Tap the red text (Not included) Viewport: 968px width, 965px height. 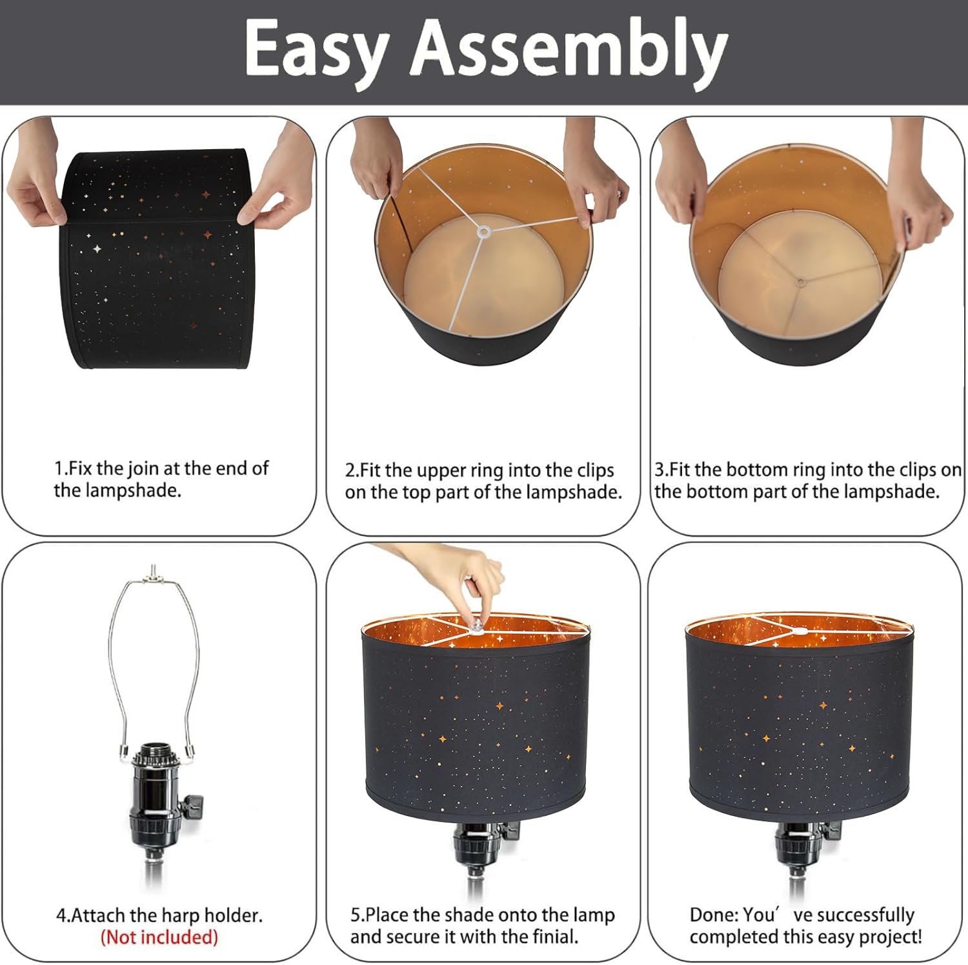159,937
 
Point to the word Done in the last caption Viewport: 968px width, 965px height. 712,915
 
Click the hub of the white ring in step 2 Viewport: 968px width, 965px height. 483,230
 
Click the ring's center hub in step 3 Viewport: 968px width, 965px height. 800,282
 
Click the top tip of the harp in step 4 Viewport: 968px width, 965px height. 152,566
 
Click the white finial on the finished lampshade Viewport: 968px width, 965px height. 800,632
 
